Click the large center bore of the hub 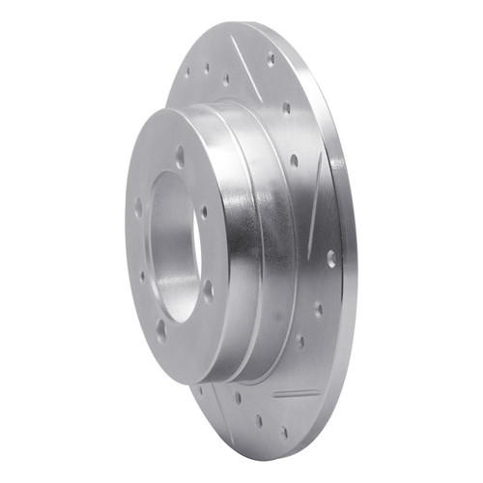click(174, 247)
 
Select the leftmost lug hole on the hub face click(138, 207)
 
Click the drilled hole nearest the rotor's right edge click(331, 258)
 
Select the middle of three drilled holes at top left click(207, 69)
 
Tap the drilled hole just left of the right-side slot click(294, 160)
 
